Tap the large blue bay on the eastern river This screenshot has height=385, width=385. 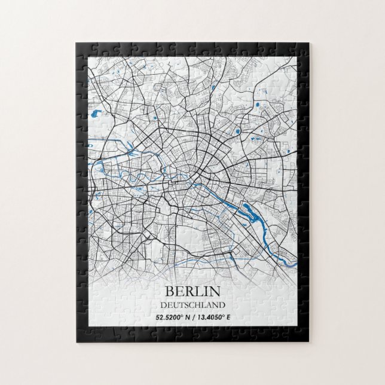[x=247, y=209]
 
